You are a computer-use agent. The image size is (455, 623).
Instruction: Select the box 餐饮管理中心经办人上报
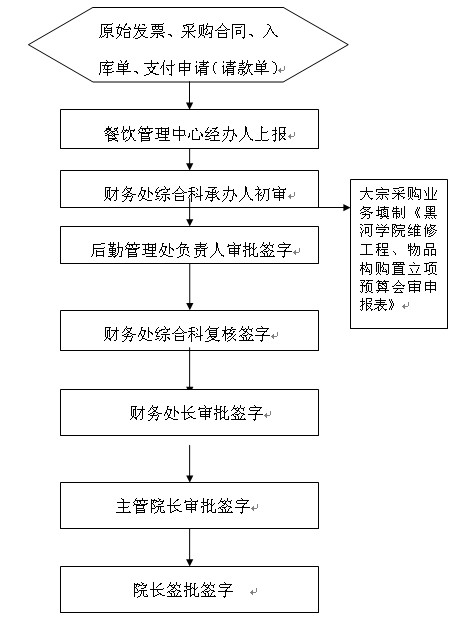pos(189,129)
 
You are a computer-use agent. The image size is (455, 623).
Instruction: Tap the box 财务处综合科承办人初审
pos(189,189)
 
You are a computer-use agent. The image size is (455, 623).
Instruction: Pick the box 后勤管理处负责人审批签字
pos(189,245)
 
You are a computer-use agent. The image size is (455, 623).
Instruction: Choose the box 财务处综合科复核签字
pos(189,331)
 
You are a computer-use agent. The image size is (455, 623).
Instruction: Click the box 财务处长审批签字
pos(189,412)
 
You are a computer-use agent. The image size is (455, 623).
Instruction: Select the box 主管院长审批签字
pos(189,505)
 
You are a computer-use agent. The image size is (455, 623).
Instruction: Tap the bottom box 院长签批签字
pos(189,590)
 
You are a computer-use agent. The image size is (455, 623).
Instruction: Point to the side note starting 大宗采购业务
pos(399,254)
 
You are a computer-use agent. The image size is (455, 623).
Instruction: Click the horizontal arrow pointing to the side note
pos(334,207)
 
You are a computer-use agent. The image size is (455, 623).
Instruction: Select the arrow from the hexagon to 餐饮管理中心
pos(190,96)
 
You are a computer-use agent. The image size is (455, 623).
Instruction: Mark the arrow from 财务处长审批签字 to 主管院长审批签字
pos(190,464)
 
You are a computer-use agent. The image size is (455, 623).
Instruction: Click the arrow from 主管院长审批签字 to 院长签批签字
pos(190,548)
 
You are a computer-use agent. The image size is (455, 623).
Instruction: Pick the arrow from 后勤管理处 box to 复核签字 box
pos(190,287)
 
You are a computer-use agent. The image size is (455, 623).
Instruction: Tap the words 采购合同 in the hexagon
pos(213,31)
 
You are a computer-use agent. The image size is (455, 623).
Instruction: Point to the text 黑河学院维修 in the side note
pos(398,222)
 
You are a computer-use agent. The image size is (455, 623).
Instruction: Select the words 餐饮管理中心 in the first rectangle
pos(153,134)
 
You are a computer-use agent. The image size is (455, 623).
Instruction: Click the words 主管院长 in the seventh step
pos(149,506)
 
